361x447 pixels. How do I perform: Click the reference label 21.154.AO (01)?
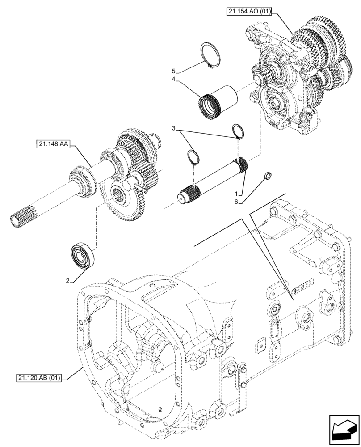click(x=252, y=11)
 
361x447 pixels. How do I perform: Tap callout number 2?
click(x=68, y=280)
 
